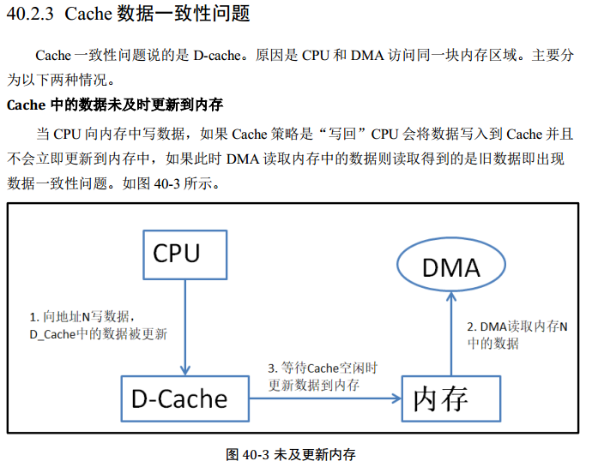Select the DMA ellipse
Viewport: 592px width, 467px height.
click(x=450, y=267)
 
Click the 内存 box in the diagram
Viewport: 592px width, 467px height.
click(x=450, y=398)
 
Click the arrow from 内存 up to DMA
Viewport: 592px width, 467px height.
click(x=451, y=334)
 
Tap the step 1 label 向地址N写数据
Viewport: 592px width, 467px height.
click(x=82, y=316)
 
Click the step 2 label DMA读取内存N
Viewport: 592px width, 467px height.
click(x=518, y=326)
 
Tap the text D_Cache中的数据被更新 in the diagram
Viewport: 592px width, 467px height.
click(x=99, y=333)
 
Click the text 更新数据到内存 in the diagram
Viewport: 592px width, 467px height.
click(x=314, y=385)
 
